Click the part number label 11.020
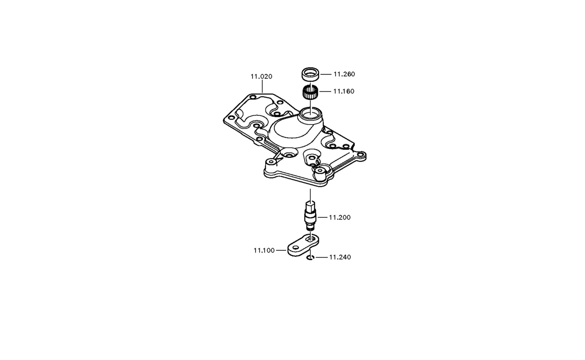tap(261, 76)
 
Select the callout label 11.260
tap(344, 74)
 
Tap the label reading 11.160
tap(344, 91)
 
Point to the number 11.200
tap(340, 217)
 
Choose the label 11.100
tap(264, 250)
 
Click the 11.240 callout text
tap(340, 257)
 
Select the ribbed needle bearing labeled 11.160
tap(310, 92)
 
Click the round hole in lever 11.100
tap(295, 247)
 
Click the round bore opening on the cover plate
tap(310, 114)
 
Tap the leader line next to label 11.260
tap(326, 74)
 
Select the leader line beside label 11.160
tap(325, 91)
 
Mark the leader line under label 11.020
tap(262, 87)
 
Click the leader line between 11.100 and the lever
tap(281, 250)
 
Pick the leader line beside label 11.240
tap(322, 257)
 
